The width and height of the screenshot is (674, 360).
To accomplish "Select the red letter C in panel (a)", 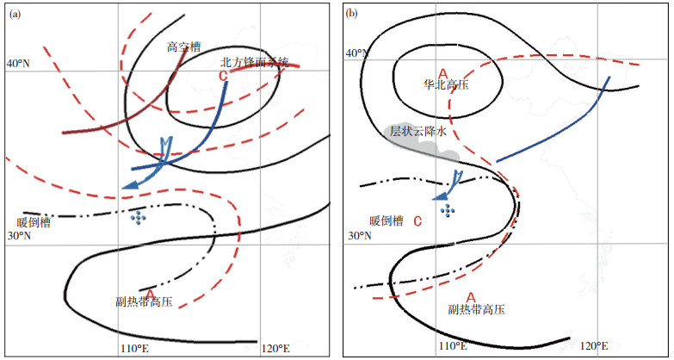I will tap(224, 77).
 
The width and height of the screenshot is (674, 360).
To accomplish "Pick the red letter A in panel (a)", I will tap(150, 294).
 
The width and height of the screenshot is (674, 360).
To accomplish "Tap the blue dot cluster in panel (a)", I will tap(136, 218).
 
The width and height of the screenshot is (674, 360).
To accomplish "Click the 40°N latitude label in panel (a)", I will tap(18, 65).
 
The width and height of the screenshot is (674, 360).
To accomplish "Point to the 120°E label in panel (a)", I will tap(275, 349).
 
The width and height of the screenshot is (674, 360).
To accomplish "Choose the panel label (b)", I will tap(351, 12).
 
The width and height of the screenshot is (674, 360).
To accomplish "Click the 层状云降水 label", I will tap(419, 132).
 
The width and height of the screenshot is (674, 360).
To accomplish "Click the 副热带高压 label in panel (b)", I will tap(476, 307).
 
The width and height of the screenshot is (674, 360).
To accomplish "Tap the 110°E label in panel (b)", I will tap(453, 346).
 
